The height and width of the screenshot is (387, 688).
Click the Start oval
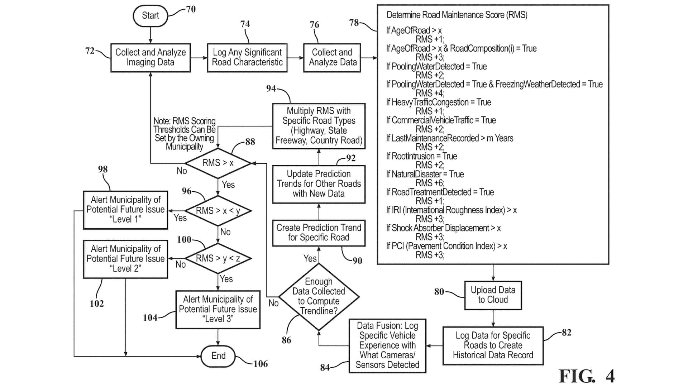pyautogui.click(x=150, y=16)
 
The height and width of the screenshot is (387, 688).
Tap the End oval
pyautogui.click(x=218, y=356)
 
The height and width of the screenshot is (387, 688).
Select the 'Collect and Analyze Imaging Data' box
pyautogui.click(x=150, y=58)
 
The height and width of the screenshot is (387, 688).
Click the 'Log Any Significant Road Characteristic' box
pyautogui.click(x=247, y=58)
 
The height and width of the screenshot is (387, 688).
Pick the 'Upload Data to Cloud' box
pyautogui.click(x=493, y=295)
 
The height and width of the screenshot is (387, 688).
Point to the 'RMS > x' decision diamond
pyautogui.click(x=218, y=163)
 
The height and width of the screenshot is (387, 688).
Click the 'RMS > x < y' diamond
pyautogui.click(x=218, y=211)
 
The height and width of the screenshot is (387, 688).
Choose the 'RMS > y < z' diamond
pyautogui.click(x=218, y=258)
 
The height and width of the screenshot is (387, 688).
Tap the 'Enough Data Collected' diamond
pyautogui.click(x=319, y=297)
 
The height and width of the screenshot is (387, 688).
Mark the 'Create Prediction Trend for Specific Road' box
pyautogui.click(x=319, y=233)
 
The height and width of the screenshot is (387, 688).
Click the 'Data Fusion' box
pyautogui.click(x=387, y=345)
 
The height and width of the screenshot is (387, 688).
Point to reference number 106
pyautogui.click(x=261, y=364)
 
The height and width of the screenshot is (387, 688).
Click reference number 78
pyautogui.click(x=354, y=23)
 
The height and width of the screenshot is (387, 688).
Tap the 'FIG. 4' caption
pyautogui.click(x=587, y=376)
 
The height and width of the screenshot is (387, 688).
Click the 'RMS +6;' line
pyautogui.click(x=430, y=183)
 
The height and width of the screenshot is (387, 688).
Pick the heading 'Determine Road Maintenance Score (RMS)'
pyautogui.click(x=457, y=15)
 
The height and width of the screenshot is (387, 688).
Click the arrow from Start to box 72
pyautogui.click(x=150, y=35)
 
